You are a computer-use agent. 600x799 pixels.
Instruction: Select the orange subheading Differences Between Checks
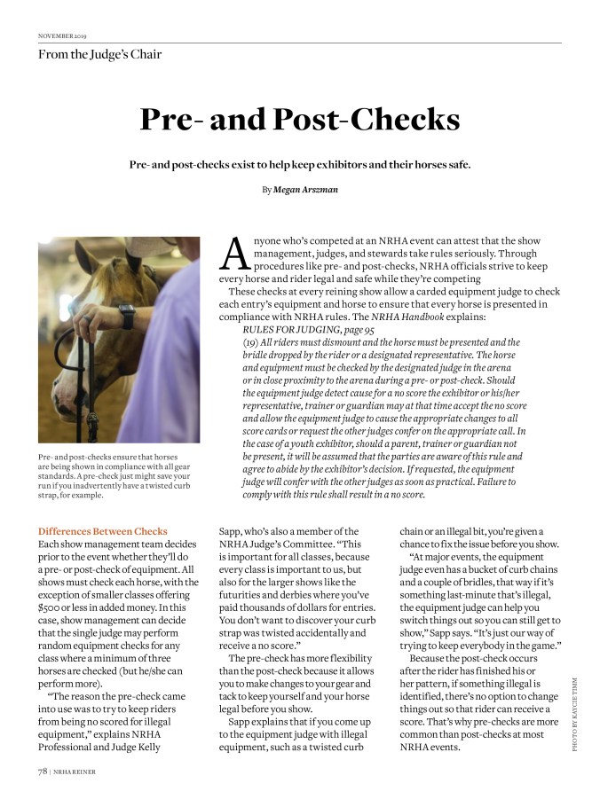coord(102,530)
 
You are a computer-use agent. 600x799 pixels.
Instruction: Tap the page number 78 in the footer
coord(43,771)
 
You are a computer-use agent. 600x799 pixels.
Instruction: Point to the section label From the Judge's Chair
coord(99,54)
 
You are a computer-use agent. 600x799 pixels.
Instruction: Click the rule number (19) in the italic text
coord(251,341)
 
